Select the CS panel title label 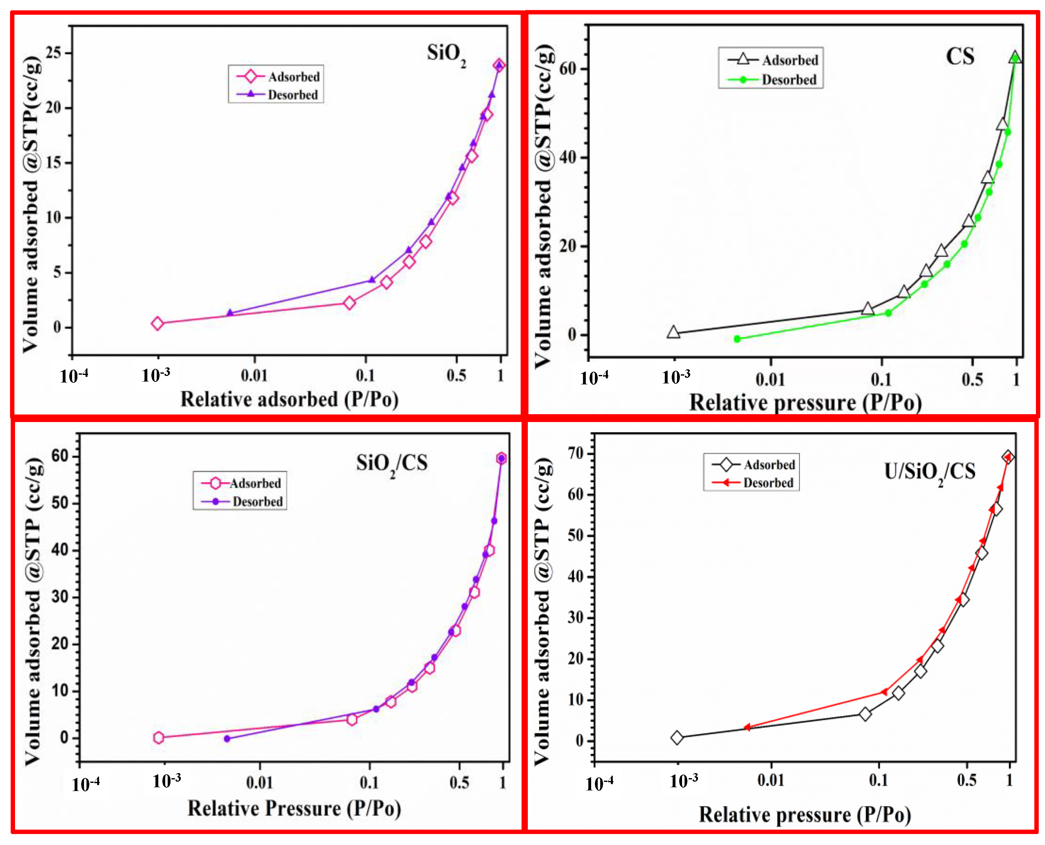[959, 56]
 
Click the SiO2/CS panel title [391, 463]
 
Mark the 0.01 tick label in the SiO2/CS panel [259, 783]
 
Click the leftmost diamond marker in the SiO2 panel [157, 323]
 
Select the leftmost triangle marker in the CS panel [673, 333]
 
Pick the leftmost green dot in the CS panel [737, 339]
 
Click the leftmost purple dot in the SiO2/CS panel [227, 739]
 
